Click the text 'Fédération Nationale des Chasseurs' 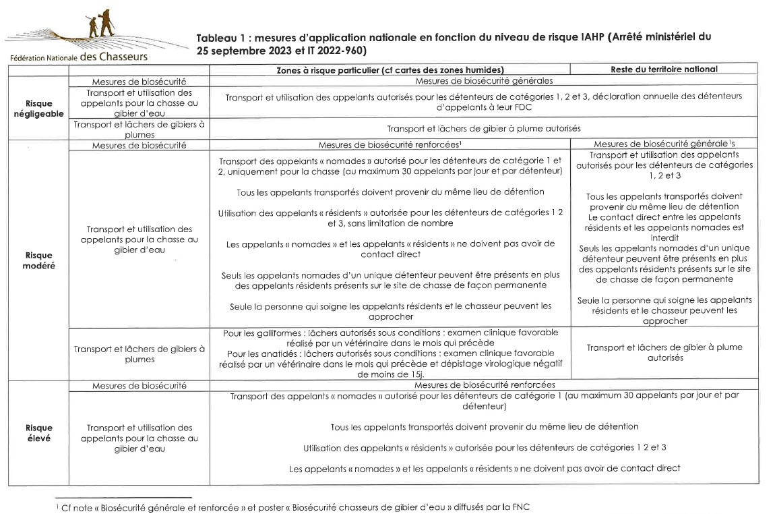pos(79,57)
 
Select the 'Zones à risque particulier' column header pos(390,69)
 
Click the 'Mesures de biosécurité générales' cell pos(485,81)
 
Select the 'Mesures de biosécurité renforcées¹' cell pos(390,144)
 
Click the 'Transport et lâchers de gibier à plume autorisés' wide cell pos(484,128)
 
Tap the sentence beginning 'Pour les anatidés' pos(390,358)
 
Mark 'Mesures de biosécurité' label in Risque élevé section pos(139,385)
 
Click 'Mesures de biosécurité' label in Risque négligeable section pos(139,81)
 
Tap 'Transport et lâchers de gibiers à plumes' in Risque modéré pos(139,353)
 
